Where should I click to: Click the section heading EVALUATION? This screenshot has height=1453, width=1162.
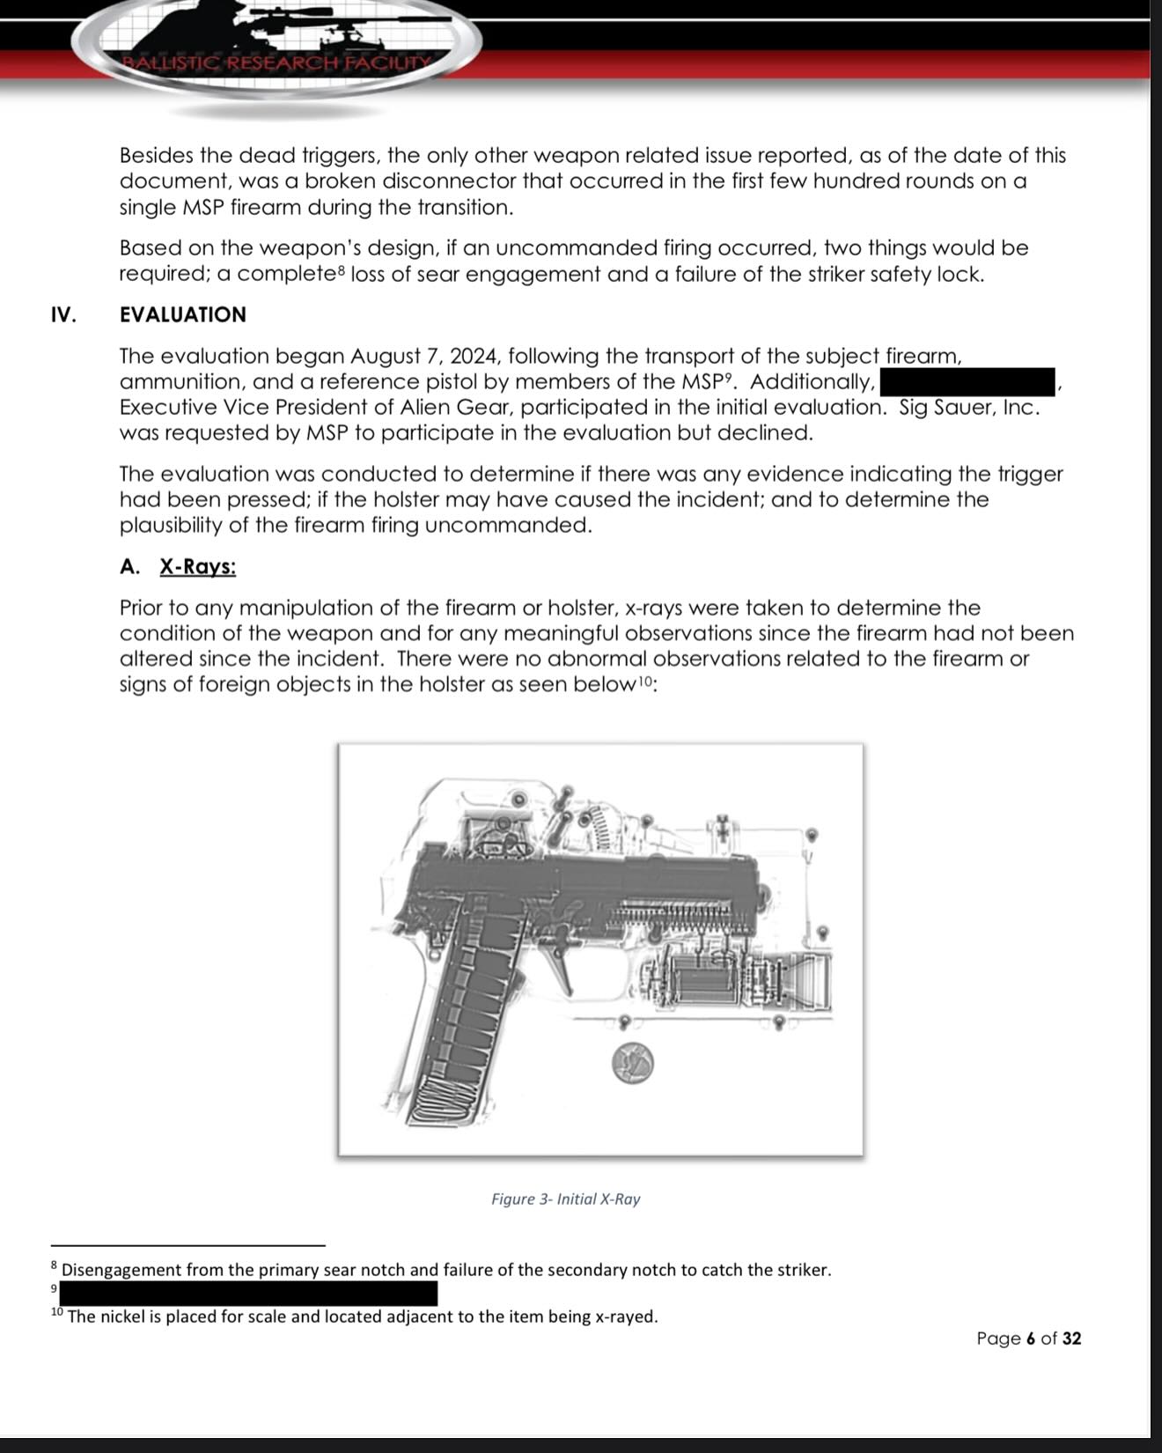(x=182, y=314)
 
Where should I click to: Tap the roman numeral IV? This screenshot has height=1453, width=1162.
(x=63, y=314)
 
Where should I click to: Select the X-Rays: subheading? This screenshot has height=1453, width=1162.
(x=197, y=566)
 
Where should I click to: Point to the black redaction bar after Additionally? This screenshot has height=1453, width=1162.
(x=967, y=382)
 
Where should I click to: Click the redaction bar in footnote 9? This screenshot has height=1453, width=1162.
(x=248, y=1293)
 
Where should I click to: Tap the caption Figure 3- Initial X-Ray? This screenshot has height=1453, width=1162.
(x=565, y=1199)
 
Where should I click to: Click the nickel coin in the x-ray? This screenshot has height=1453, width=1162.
(x=632, y=1063)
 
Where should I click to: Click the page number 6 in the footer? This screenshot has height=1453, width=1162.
(x=1029, y=1339)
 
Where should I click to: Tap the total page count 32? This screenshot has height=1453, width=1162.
(x=1070, y=1339)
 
